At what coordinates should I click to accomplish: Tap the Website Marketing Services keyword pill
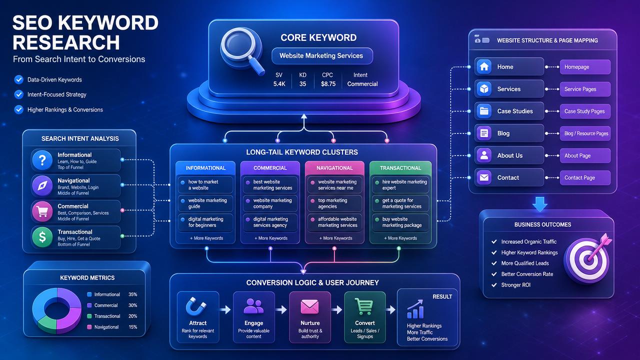[322, 55]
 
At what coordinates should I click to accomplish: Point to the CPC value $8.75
[328, 84]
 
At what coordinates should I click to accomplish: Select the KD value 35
[302, 84]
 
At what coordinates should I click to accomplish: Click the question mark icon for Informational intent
[42, 160]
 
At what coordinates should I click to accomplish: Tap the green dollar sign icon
[42, 237]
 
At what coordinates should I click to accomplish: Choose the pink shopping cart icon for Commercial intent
[42, 211]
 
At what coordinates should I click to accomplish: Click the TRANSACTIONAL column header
[400, 168]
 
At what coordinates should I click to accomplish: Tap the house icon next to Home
[484, 66]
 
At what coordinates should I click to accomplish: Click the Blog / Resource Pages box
[585, 133]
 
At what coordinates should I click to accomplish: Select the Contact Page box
[585, 177]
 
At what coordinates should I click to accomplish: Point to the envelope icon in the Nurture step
[309, 306]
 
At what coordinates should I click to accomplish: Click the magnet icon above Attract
[196, 306]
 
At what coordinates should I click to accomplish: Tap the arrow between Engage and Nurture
[281, 309]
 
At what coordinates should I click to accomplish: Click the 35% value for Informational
[132, 294]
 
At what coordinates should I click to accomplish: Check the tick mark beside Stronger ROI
[493, 285]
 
